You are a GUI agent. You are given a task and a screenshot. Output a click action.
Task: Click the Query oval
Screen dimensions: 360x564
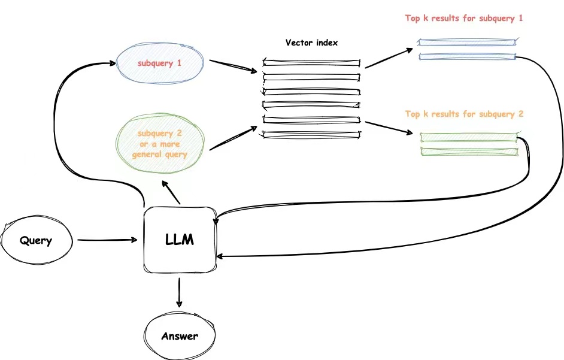[36, 241]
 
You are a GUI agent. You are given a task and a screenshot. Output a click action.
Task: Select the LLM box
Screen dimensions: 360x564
[180, 240]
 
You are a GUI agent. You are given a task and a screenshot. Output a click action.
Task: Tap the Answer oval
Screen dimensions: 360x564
[180, 336]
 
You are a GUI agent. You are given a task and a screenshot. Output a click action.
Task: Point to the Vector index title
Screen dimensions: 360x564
[311, 43]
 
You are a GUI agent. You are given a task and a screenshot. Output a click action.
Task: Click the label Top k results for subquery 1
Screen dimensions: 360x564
[464, 18]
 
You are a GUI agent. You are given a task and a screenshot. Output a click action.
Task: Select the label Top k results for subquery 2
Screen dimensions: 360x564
[465, 114]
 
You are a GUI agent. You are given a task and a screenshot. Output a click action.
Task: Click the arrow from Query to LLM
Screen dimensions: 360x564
[107, 241]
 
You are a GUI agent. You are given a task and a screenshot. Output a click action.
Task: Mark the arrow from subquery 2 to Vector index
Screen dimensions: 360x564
[234, 138]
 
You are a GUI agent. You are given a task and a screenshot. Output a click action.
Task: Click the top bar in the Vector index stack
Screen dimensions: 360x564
[311, 62]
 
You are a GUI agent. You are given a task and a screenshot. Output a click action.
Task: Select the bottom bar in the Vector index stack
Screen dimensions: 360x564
[311, 135]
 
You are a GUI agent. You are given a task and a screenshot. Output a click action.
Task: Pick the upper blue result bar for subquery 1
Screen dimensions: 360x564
[466, 43]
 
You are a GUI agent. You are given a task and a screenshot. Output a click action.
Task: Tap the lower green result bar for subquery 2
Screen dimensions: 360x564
[469, 152]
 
